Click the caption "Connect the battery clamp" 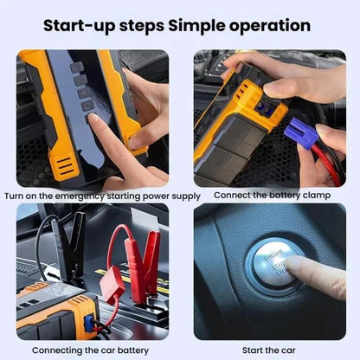pyautogui.click(x=270, y=195)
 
